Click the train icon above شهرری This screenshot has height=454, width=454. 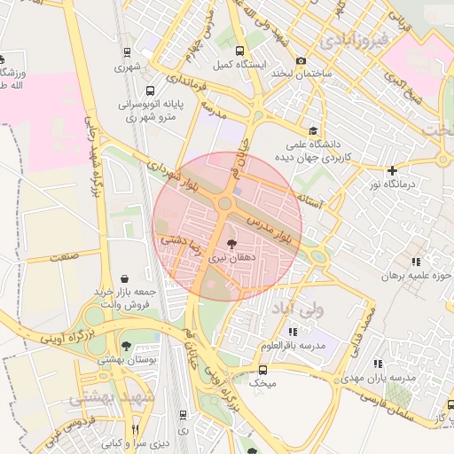click(x=128, y=52)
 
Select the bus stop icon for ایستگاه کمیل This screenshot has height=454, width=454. click(x=239, y=51)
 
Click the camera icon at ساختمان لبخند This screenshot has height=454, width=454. click(x=301, y=60)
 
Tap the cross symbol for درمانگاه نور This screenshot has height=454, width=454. click(x=392, y=169)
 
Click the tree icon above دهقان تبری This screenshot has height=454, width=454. click(x=231, y=243)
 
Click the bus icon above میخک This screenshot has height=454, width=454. click(x=262, y=370)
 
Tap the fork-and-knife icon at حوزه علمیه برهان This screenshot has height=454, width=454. click(x=416, y=261)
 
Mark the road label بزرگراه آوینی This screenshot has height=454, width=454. click(x=67, y=336)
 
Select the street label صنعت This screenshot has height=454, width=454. click(x=63, y=255)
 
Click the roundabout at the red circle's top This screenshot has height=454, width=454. click(x=224, y=204)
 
